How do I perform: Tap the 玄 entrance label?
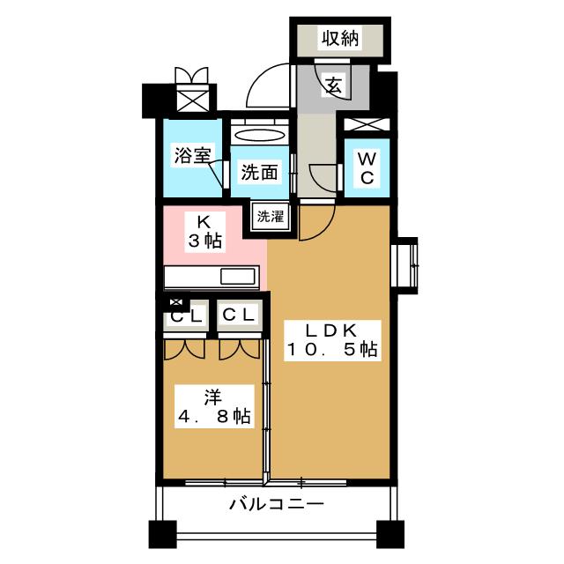point(334,85)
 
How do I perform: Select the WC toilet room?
point(366,167)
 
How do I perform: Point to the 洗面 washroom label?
point(258,172)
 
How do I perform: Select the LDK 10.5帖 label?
point(330,339)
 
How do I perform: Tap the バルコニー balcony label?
point(277,505)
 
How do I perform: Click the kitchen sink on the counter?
point(237,276)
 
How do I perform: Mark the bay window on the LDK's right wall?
point(407,264)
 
